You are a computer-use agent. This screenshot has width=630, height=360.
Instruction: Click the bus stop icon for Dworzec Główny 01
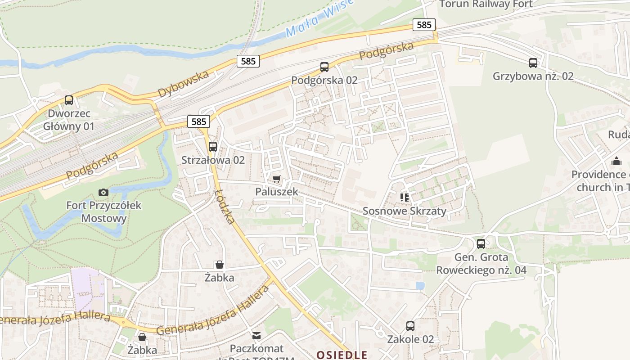pyautogui.click(x=69, y=100)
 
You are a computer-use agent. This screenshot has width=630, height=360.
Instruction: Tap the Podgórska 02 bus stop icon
pyautogui.click(x=324, y=67)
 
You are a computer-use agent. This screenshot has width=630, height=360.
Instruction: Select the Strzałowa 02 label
pyautogui.click(x=213, y=160)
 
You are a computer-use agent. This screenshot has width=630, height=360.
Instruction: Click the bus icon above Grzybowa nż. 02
pyautogui.click(x=533, y=63)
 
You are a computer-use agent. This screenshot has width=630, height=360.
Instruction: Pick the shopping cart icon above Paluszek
pyautogui.click(x=277, y=179)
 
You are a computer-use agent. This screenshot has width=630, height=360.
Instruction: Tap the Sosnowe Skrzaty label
pyautogui.click(x=404, y=211)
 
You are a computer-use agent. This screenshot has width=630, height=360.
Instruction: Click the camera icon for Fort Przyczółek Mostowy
pyautogui.click(x=103, y=193)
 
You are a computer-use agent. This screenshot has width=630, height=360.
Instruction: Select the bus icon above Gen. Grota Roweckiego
pyautogui.click(x=481, y=244)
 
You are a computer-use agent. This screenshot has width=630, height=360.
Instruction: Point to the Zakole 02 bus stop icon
pyautogui.click(x=410, y=326)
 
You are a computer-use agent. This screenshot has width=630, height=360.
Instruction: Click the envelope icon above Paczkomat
pyautogui.click(x=256, y=335)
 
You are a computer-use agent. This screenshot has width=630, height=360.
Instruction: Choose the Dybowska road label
pyautogui.click(x=184, y=84)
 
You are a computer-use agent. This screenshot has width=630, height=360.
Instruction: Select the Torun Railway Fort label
pyautogui.click(x=486, y=4)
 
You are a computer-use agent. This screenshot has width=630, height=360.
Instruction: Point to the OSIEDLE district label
pyautogui.click(x=342, y=355)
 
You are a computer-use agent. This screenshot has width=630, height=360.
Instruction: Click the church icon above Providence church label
pyautogui.click(x=616, y=161)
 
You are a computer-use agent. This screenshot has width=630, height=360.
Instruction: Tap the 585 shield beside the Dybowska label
pyautogui.click(x=248, y=61)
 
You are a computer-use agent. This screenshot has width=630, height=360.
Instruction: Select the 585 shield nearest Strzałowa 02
pyautogui.click(x=198, y=121)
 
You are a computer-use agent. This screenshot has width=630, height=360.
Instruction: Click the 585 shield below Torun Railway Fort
pyautogui.click(x=424, y=25)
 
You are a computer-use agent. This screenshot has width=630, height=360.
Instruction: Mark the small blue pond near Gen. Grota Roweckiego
pyautogui.click(x=420, y=286)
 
